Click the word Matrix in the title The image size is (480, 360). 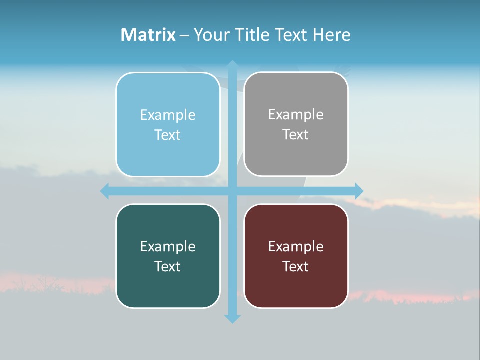pyautogui.click(x=148, y=35)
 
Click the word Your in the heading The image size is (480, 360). pyautogui.click(x=212, y=35)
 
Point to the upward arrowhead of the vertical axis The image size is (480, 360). pyautogui.click(x=232, y=65)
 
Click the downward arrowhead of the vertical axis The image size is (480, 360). pyautogui.click(x=232, y=318)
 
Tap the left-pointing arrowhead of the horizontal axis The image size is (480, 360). pyautogui.click(x=105, y=191)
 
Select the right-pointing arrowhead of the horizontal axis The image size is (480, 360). pyautogui.click(x=359, y=191)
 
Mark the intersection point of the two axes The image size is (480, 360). pyautogui.click(x=232, y=191)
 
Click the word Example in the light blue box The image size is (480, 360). pyautogui.click(x=168, y=115)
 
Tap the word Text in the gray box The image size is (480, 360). pyautogui.click(x=296, y=135)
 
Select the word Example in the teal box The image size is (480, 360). pyautogui.click(x=168, y=247)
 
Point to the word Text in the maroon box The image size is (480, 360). pyautogui.click(x=296, y=267)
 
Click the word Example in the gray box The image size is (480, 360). pyautogui.click(x=296, y=115)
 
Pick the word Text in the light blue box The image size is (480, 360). pyautogui.click(x=168, y=135)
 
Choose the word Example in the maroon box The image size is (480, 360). pyautogui.click(x=296, y=247)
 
